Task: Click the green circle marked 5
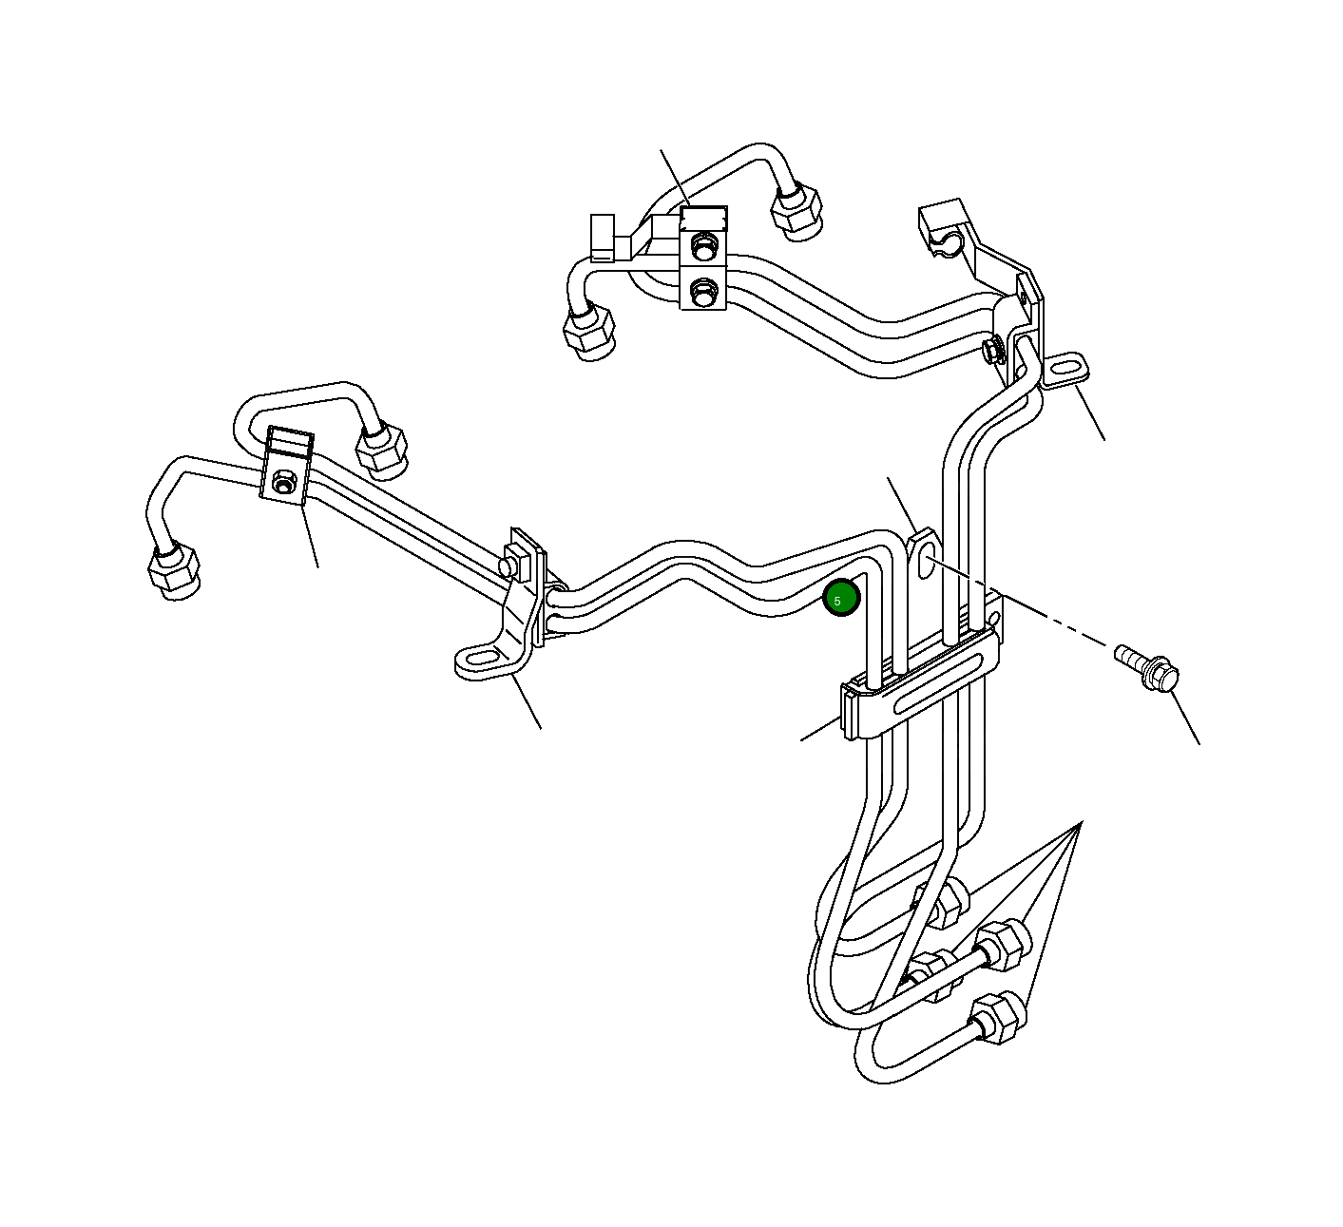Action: [x=840, y=598]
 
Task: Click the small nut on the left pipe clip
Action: [x=281, y=484]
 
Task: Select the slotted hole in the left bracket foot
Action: [x=482, y=657]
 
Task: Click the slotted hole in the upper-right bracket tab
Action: [x=1065, y=366]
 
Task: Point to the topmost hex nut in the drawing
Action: [x=796, y=210]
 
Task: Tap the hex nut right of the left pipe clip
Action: [x=381, y=449]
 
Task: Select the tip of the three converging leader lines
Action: [x=1081, y=824]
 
